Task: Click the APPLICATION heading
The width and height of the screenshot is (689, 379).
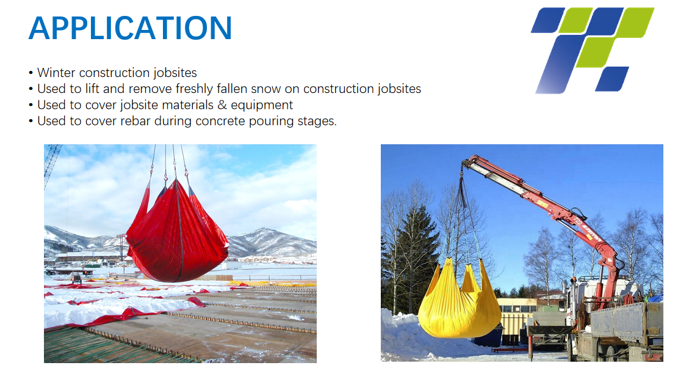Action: (x=130, y=28)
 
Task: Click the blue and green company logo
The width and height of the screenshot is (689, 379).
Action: (x=593, y=50)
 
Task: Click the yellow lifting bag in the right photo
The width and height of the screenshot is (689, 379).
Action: (x=459, y=304)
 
